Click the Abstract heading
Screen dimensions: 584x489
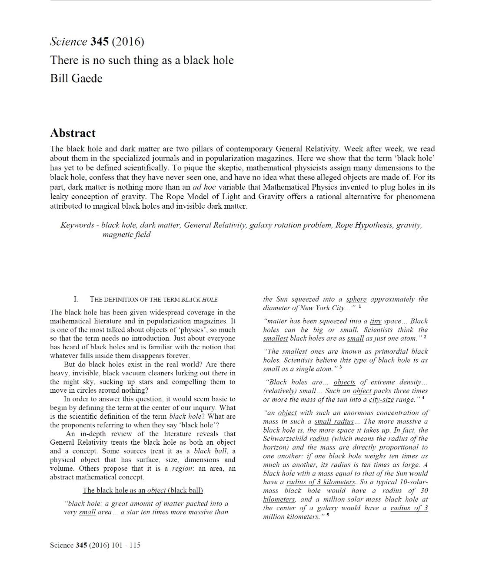[73, 133]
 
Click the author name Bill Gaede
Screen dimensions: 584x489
[76, 79]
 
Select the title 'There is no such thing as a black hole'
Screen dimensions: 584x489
[142, 60]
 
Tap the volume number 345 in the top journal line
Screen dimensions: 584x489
[100, 42]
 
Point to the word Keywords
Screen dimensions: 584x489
[77, 225]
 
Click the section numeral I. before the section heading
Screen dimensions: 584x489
[76, 299]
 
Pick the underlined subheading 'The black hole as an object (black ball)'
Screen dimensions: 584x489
[143, 490]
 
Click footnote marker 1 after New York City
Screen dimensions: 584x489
[360, 306]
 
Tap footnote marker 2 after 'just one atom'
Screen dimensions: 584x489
[425, 337]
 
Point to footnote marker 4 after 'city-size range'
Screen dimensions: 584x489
[423, 397]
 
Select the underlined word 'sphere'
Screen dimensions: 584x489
[356, 299]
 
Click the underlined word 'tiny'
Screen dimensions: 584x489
[376, 321]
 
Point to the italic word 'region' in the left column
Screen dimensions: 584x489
[182, 469]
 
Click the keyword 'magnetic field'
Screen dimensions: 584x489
[126, 235]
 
